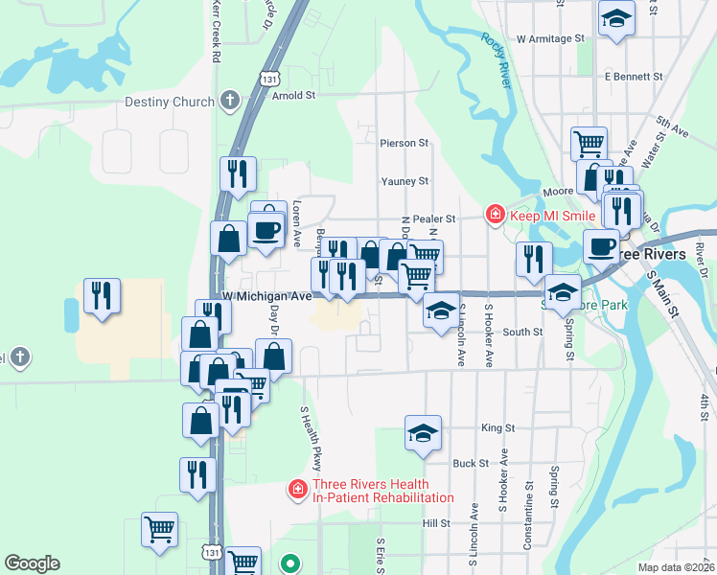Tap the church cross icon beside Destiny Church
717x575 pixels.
(x=229, y=101)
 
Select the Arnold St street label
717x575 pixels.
(x=293, y=96)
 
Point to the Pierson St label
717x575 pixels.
(x=404, y=143)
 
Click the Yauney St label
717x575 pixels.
(x=404, y=180)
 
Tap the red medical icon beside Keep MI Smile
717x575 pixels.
(x=495, y=213)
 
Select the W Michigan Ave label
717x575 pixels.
(x=267, y=297)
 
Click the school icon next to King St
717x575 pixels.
(x=423, y=433)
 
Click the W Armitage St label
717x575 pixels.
(x=549, y=39)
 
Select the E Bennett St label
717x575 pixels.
(x=634, y=76)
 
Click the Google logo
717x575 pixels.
(x=32, y=563)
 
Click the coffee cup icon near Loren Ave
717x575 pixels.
(x=265, y=230)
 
